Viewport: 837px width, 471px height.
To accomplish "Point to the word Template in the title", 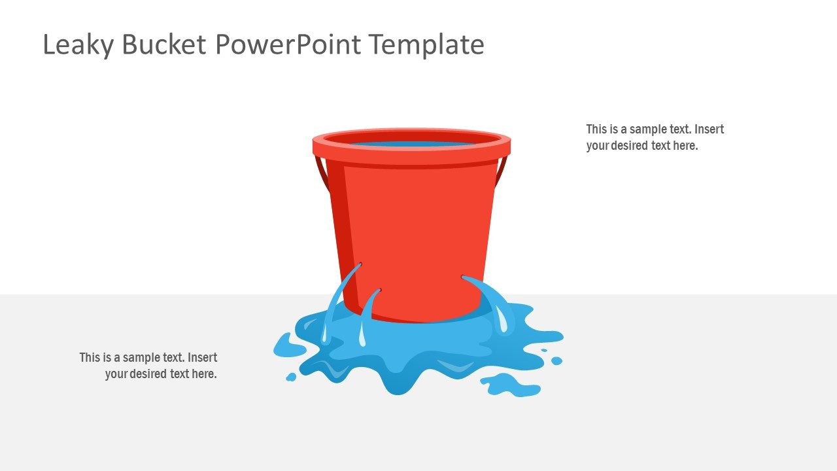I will click(x=426, y=45).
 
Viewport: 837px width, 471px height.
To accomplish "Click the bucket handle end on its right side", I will click(x=502, y=171).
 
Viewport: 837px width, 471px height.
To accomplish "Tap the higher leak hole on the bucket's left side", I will click(x=360, y=265).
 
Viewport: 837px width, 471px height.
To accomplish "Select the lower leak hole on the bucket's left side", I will click(x=379, y=290).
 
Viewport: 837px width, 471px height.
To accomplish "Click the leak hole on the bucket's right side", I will click(x=464, y=278).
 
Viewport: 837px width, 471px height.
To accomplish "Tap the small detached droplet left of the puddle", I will click(x=291, y=377).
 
